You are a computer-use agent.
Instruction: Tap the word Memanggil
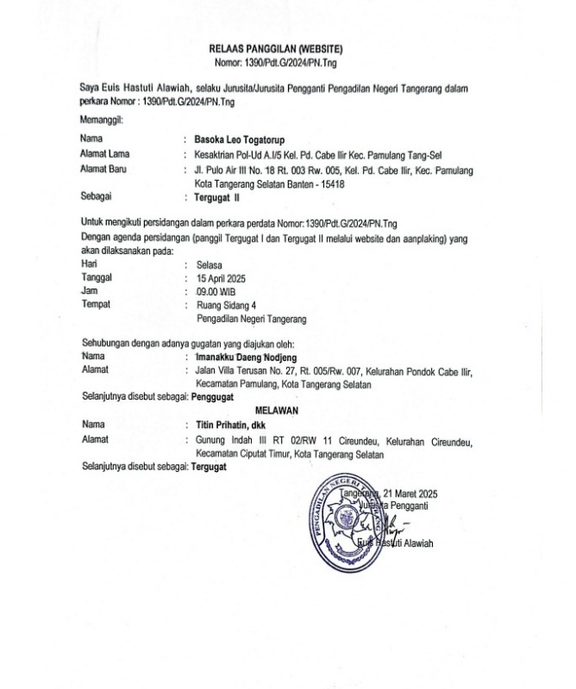click(102, 120)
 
